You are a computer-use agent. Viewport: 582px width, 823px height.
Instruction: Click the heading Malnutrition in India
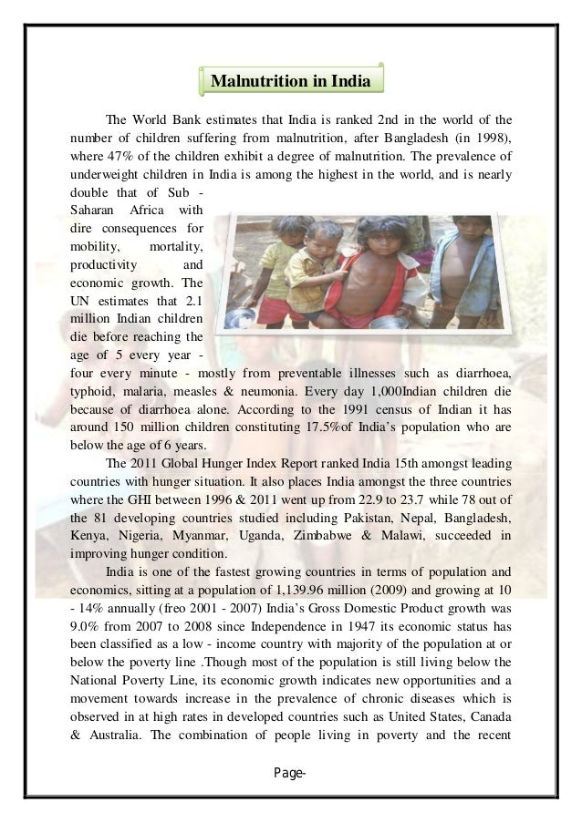(x=290, y=82)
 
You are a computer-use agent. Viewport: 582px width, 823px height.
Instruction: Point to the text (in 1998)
(x=477, y=138)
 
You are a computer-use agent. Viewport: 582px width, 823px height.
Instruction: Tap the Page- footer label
(x=290, y=773)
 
